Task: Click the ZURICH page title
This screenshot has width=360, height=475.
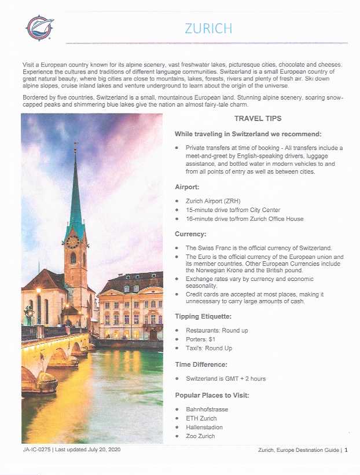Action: (x=208, y=28)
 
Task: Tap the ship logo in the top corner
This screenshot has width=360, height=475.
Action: (x=39, y=27)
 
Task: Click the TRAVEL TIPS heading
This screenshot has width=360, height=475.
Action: (x=258, y=119)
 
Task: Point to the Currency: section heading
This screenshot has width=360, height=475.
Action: (x=191, y=234)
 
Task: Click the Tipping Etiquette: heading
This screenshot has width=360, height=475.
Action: (x=203, y=316)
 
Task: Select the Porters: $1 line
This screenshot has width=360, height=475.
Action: (x=201, y=339)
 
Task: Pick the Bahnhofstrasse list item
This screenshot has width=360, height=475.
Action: (x=207, y=409)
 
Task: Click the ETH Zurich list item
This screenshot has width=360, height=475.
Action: (x=201, y=418)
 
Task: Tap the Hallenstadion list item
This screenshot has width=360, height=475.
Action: (x=204, y=427)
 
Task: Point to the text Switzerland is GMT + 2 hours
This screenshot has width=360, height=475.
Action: (x=226, y=378)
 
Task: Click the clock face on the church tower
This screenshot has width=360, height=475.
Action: (x=73, y=242)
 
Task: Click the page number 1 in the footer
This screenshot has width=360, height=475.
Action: (x=346, y=450)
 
